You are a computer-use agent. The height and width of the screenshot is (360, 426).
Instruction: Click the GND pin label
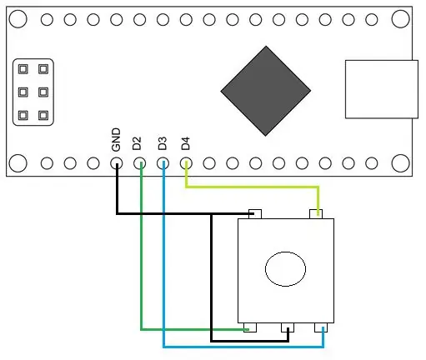pyautogui.click(x=116, y=140)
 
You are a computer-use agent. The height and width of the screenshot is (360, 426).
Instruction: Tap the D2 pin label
pyautogui.click(x=137, y=143)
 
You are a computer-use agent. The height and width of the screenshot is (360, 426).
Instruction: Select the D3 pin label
pyautogui.click(x=163, y=143)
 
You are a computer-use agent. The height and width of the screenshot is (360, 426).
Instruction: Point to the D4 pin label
pyautogui.click(x=185, y=143)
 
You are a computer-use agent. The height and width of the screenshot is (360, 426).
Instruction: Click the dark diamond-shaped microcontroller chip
pyautogui.click(x=266, y=91)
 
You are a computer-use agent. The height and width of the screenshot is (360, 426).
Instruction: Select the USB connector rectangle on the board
pyautogui.click(x=382, y=89)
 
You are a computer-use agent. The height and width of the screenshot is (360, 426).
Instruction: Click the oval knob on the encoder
pyautogui.click(x=285, y=269)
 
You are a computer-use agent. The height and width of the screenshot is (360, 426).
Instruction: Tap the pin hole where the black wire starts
pyautogui.click(x=117, y=163)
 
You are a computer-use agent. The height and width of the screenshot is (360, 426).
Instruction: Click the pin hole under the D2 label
pyautogui.click(x=139, y=163)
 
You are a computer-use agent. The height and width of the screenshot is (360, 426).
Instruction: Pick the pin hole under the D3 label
pyautogui.click(x=163, y=163)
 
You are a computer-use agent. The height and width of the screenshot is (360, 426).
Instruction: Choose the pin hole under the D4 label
pyautogui.click(x=186, y=163)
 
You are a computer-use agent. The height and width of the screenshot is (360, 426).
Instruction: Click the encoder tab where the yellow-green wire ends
pyautogui.click(x=316, y=214)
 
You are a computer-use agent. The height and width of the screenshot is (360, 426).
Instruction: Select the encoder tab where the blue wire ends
pyautogui.click(x=321, y=327)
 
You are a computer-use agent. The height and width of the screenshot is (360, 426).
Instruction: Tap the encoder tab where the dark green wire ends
pyautogui.click(x=250, y=327)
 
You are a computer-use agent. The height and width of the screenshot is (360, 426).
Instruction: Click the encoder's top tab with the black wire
pyautogui.click(x=255, y=214)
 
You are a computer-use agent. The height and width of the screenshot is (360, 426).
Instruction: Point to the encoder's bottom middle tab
pyautogui.click(x=288, y=327)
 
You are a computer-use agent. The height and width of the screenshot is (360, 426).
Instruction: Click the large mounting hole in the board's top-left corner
pyautogui.click(x=18, y=19)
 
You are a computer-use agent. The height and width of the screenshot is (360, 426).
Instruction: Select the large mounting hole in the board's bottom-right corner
pyautogui.click(x=400, y=163)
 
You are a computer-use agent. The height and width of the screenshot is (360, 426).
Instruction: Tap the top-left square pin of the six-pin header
pyautogui.click(x=23, y=69)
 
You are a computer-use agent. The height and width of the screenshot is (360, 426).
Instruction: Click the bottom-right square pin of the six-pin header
pyautogui.click(x=43, y=115)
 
